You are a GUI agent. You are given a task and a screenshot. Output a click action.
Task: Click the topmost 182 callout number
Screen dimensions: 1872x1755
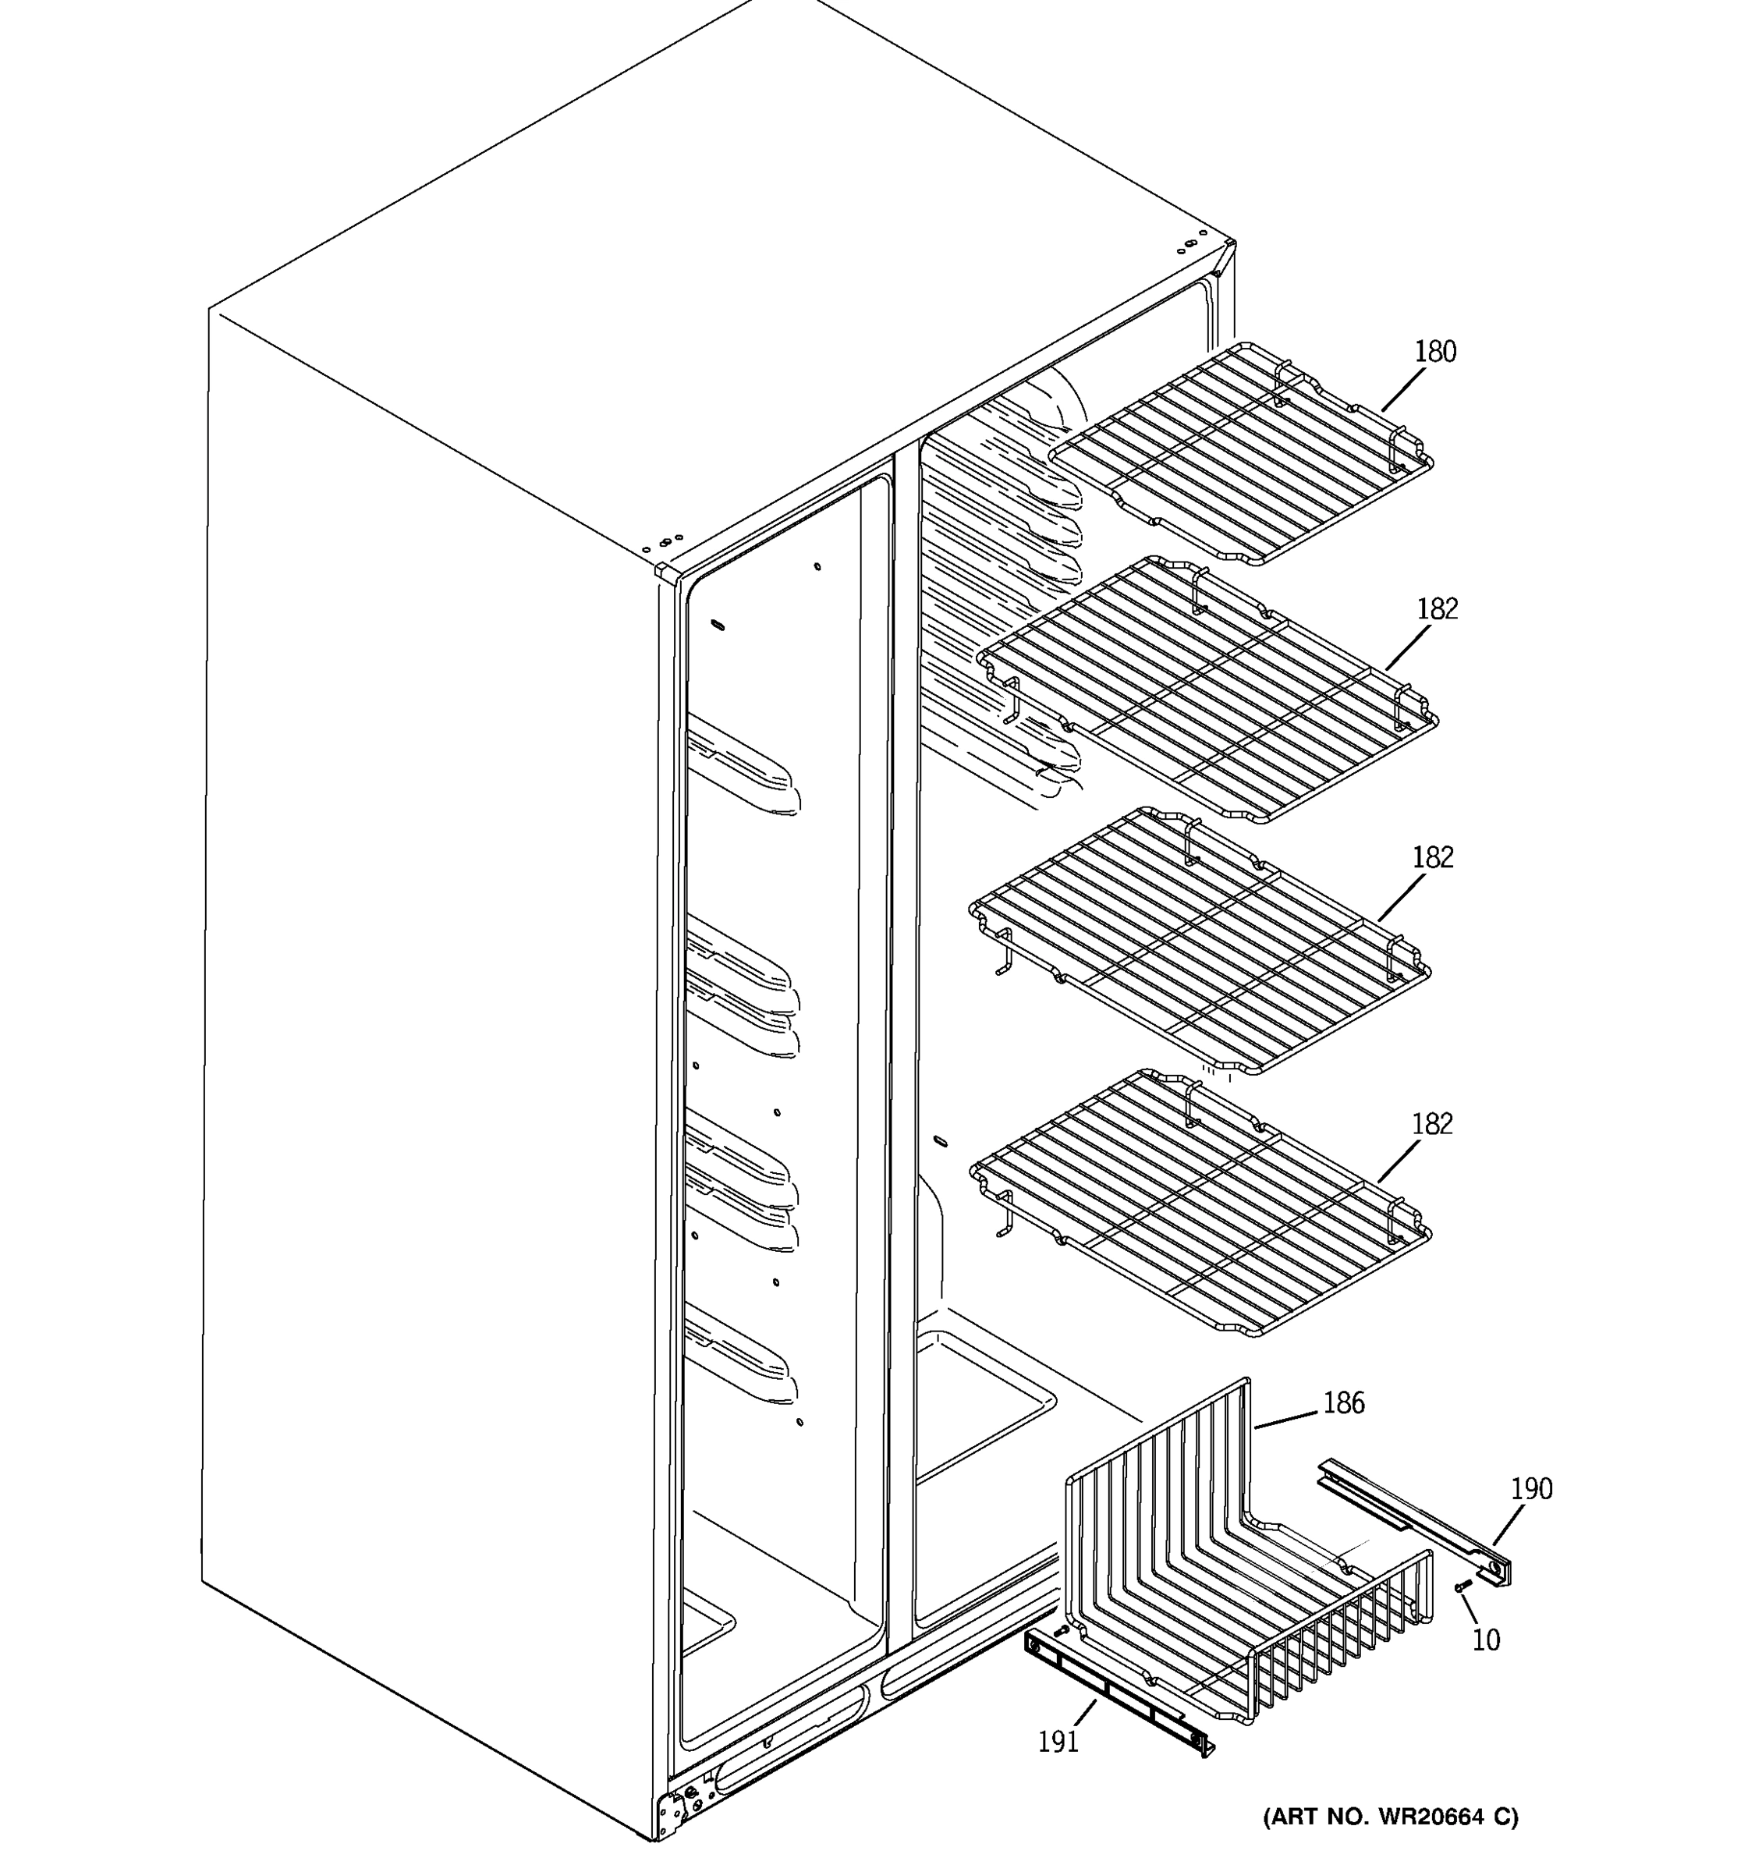(x=1437, y=609)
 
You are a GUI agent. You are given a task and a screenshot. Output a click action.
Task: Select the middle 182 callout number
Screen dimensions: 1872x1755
(x=1432, y=858)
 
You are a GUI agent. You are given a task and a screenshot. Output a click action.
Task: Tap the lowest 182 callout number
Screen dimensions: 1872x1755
(x=1431, y=1124)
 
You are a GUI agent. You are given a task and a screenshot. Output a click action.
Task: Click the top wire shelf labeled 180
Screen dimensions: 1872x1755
(x=1243, y=452)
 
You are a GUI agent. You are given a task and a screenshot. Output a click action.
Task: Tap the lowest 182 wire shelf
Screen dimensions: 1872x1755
(x=1200, y=1205)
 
